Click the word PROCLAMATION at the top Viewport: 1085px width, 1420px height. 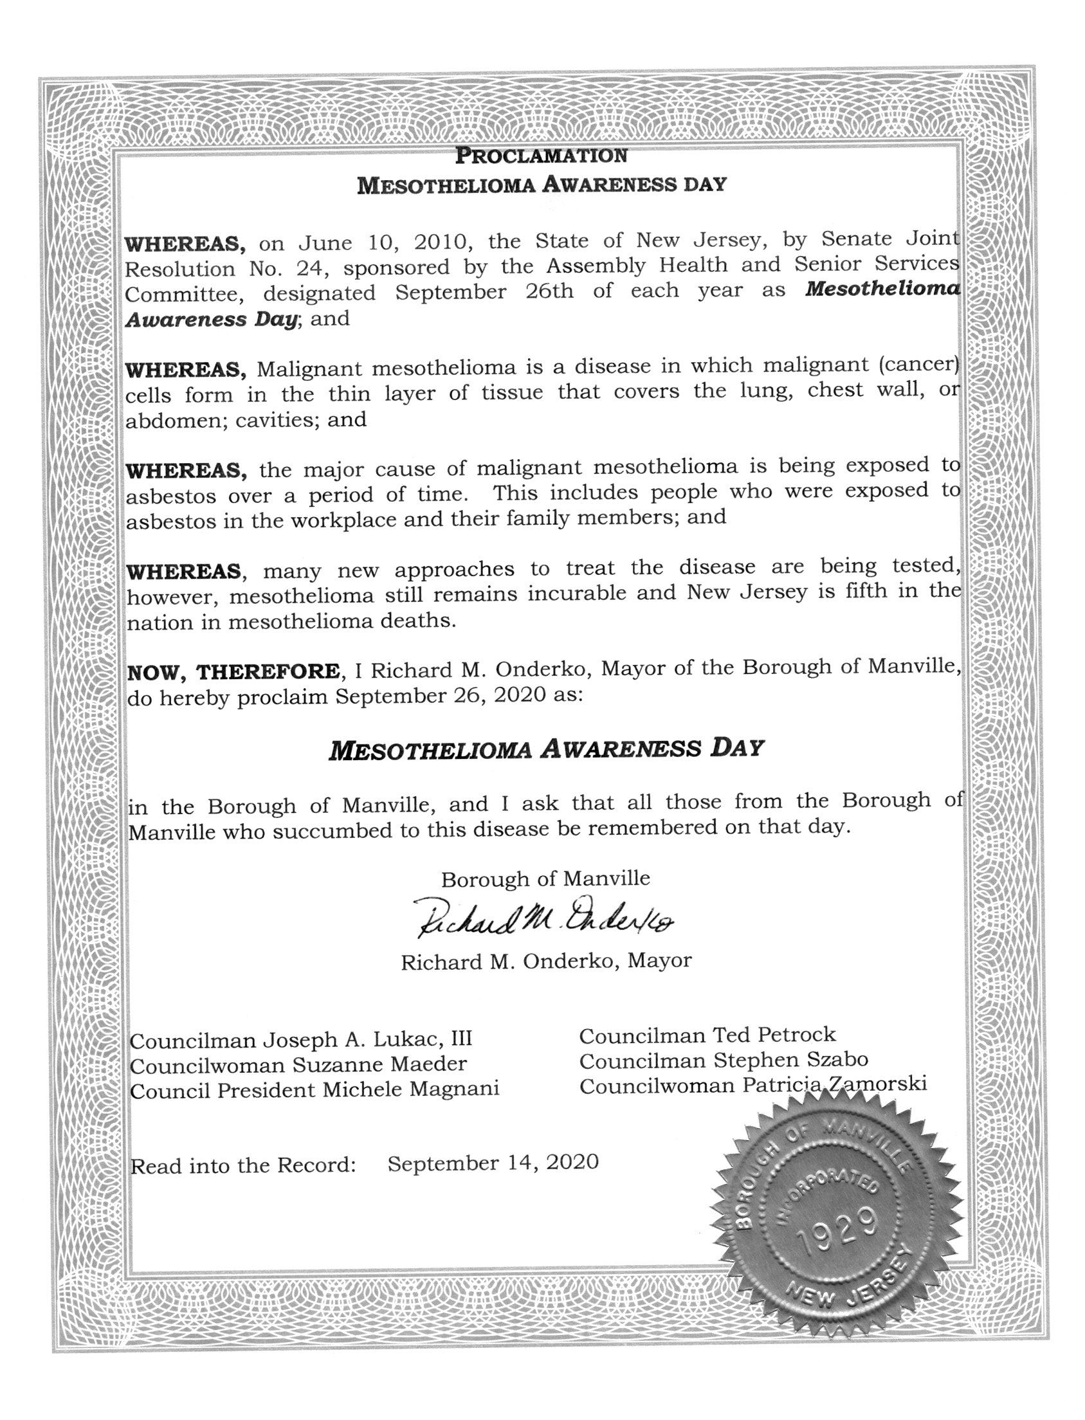(541, 156)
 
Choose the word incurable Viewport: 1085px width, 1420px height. (578, 594)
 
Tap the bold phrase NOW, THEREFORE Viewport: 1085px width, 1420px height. (235, 671)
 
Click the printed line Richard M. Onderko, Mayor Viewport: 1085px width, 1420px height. (546, 961)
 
